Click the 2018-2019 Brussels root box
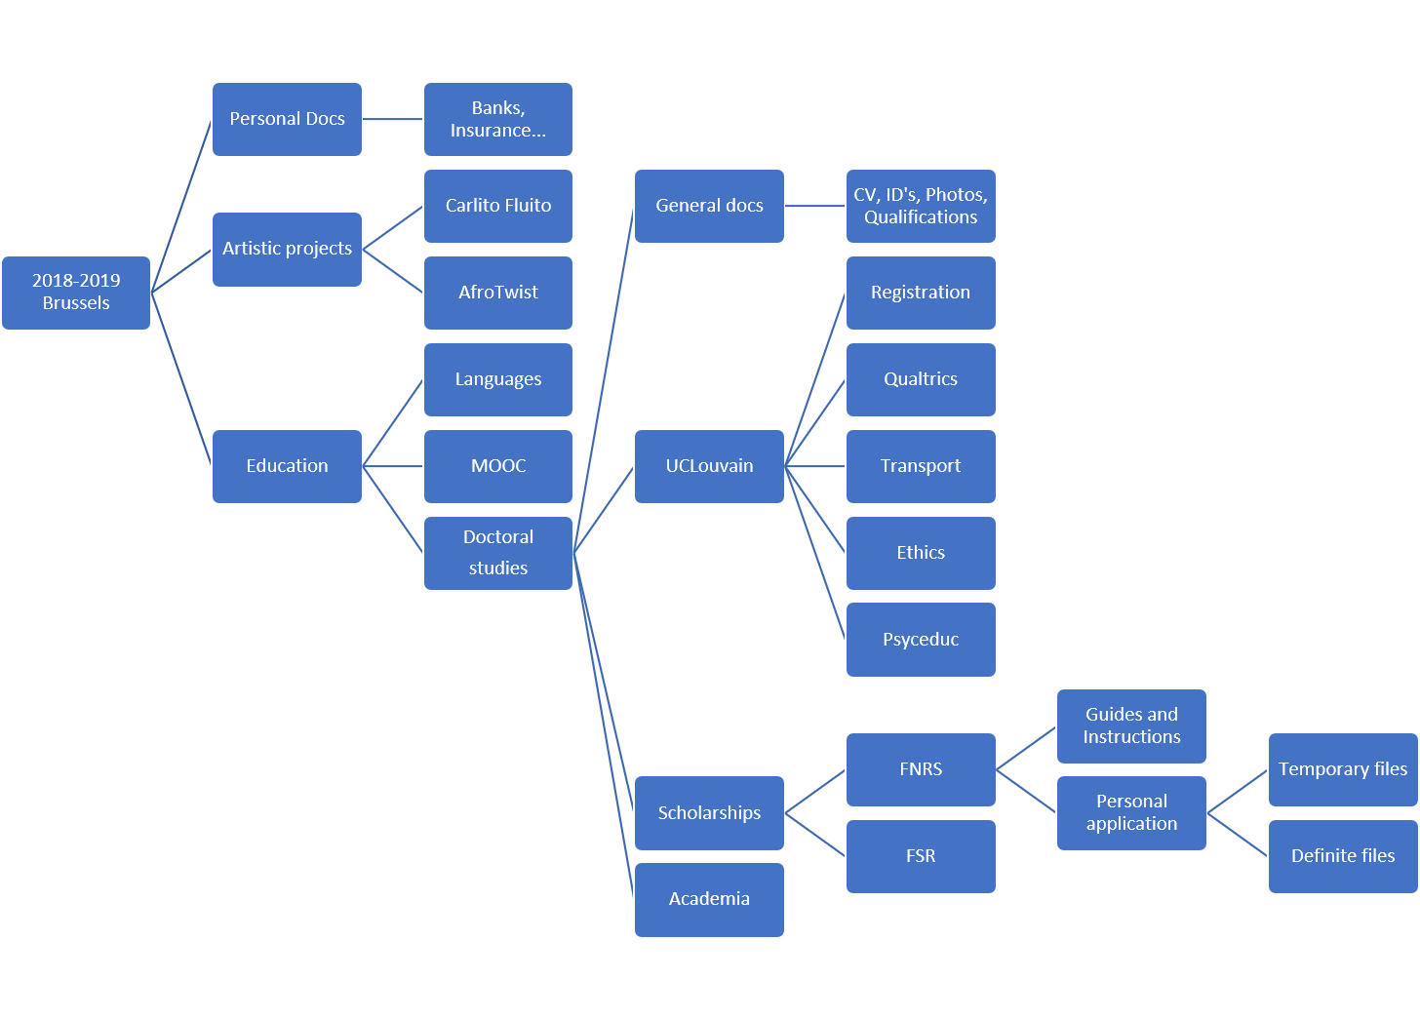(76, 293)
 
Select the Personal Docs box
(287, 119)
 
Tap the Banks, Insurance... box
(498, 119)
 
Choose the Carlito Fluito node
(498, 206)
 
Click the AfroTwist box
(498, 293)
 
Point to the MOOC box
(498, 466)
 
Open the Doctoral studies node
(498, 553)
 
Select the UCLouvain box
(709, 466)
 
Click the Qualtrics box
(921, 379)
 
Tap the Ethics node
(921, 553)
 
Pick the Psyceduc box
(921, 640)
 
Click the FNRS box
(921, 769)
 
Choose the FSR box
(921, 856)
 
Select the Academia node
(709, 899)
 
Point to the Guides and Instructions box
(1131, 726)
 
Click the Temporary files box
(1343, 769)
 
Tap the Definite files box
(1343, 856)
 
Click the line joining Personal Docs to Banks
(393, 119)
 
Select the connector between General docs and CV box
(815, 206)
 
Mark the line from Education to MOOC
(393, 466)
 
